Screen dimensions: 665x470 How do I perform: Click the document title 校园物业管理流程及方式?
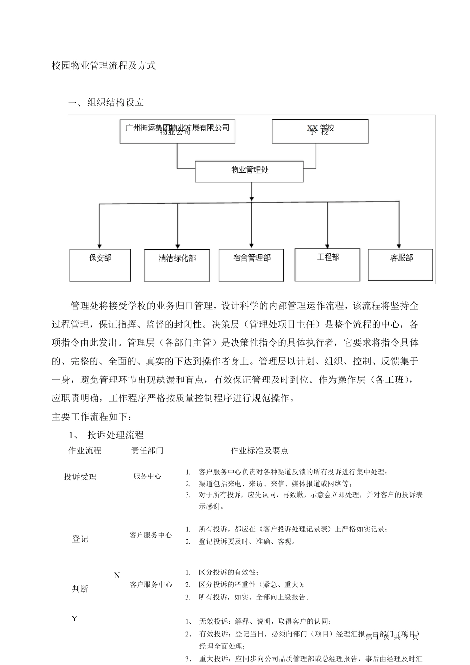coord(104,66)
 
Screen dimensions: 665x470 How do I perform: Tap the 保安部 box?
coord(100,265)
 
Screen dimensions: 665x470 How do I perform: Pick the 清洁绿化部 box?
coord(177,266)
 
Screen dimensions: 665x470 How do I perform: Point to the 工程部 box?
coord(328,264)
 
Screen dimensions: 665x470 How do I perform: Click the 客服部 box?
coord(401,265)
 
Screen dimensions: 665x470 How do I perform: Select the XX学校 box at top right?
coord(320,131)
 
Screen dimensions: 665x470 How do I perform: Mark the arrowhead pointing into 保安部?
coord(100,245)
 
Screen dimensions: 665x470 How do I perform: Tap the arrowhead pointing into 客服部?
coord(399,244)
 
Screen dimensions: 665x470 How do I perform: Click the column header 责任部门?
coord(147,451)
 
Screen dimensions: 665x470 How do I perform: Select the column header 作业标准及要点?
coord(259,451)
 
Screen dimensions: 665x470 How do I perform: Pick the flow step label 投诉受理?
coord(80,477)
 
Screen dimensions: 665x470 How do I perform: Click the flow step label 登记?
coord(80,539)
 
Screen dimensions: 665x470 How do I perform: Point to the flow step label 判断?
coord(80,589)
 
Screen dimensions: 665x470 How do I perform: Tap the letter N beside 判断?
coord(117,576)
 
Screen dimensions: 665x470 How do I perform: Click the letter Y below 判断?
coord(75,618)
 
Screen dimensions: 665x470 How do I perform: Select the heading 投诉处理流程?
coord(115,435)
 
